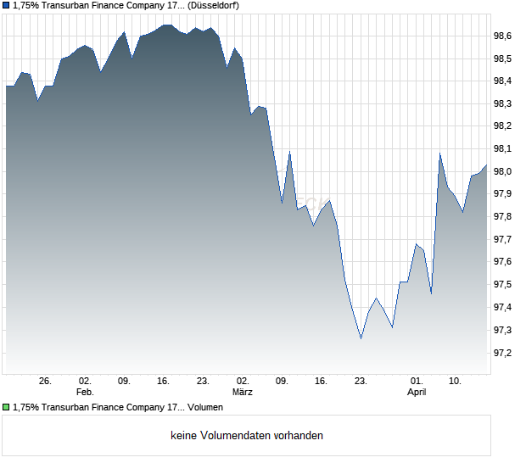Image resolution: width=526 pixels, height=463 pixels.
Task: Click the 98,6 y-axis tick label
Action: coord(503,36)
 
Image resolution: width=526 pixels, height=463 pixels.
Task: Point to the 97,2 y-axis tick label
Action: coord(503,352)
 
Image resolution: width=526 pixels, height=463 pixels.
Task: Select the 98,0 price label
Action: coord(503,171)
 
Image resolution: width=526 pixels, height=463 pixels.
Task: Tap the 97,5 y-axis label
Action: coord(503,284)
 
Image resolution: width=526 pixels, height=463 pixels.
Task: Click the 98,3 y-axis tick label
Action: coord(503,103)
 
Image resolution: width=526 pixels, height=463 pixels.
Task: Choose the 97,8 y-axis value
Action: coord(503,216)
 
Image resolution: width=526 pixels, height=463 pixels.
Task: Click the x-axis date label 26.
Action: coord(46,382)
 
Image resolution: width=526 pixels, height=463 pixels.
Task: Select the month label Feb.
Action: coord(84,393)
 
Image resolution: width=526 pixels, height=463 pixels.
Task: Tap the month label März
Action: coord(243,393)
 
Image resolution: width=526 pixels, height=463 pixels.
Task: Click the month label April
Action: coord(417,393)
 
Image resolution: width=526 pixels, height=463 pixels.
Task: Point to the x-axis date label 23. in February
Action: coord(203,382)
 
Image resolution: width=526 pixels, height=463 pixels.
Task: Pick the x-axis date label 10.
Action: coord(456,382)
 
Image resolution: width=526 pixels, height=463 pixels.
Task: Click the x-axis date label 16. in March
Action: coord(321,382)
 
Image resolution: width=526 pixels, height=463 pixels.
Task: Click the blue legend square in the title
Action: coord(6,6)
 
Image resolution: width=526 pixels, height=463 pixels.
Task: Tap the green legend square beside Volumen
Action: coord(6,408)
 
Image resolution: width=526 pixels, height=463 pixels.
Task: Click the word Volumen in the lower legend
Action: coord(205,408)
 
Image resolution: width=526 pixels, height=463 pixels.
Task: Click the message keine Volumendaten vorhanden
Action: coord(247,436)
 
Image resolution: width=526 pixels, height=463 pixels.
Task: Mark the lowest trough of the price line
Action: coord(361,338)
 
